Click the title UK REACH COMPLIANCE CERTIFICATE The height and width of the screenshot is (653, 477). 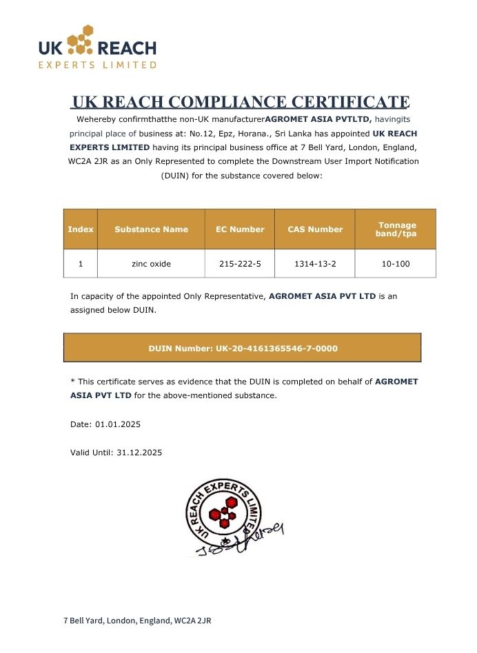[x=241, y=102]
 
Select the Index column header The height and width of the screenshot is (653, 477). [x=80, y=229]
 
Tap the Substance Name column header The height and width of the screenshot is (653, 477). [x=151, y=229]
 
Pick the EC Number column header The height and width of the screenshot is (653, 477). [x=239, y=229]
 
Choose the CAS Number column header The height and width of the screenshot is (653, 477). [x=314, y=229]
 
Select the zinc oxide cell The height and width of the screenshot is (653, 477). [x=151, y=264]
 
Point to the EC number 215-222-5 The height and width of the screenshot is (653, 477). [x=239, y=264]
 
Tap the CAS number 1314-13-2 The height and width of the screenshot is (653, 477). [x=314, y=264]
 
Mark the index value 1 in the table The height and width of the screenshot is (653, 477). [x=80, y=264]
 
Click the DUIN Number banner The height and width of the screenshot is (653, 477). [x=243, y=348]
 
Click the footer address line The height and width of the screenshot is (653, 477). [x=137, y=621]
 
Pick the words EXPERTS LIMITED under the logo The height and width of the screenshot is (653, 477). [x=97, y=65]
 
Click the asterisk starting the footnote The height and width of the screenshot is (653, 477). [x=72, y=380]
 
